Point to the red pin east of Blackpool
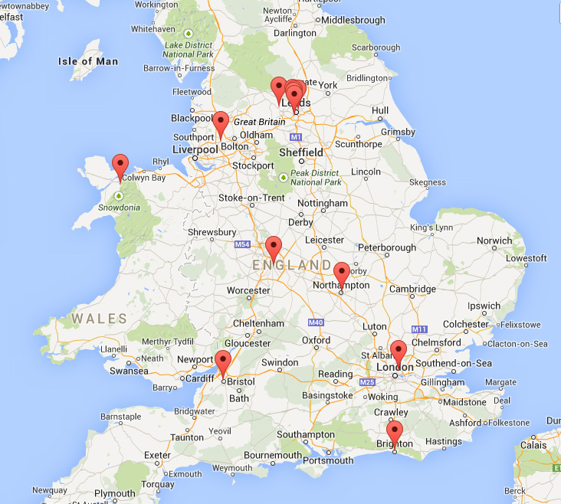(x=221, y=123)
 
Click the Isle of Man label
(x=88, y=61)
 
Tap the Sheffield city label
(x=301, y=152)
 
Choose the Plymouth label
(x=116, y=493)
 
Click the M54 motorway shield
(x=242, y=244)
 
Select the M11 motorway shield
(x=418, y=329)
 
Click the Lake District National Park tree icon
(x=189, y=33)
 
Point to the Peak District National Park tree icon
(x=284, y=178)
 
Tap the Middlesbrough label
(x=353, y=20)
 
